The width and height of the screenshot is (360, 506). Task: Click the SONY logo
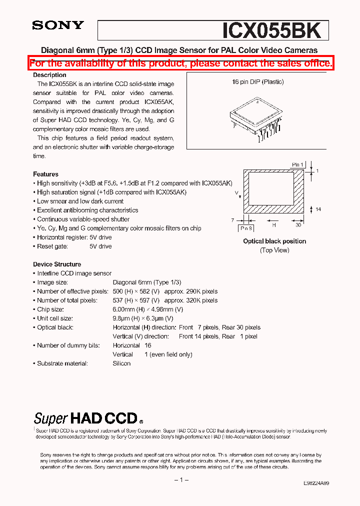click(58, 25)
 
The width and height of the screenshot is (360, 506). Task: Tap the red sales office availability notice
click(180, 63)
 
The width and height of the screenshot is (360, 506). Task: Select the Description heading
click(49, 75)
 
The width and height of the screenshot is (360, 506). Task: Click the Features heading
click(45, 174)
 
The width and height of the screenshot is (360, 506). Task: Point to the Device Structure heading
click(57, 264)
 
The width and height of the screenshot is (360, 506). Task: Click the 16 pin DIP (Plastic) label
click(258, 82)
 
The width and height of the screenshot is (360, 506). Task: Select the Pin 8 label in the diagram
click(246, 227)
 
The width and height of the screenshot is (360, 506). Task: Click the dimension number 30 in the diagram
click(297, 224)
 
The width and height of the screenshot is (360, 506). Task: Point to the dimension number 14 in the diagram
click(318, 209)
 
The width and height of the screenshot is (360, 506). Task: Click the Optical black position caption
click(274, 241)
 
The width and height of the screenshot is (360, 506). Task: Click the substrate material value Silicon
click(121, 363)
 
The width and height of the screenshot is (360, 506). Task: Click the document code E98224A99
click(316, 483)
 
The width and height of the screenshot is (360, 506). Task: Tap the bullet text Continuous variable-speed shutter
click(83, 219)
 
